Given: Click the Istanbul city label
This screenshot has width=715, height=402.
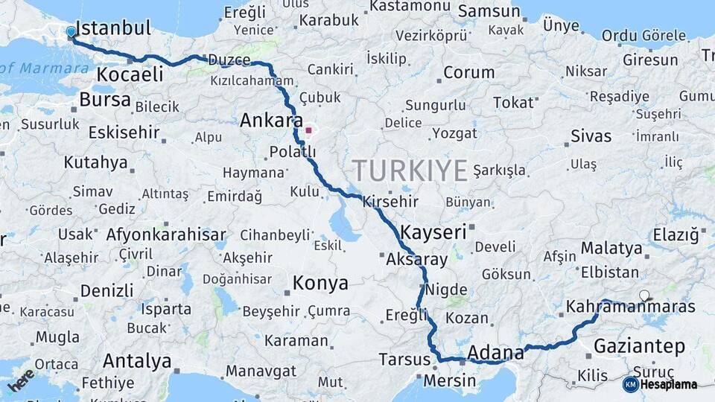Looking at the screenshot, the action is point(112,28).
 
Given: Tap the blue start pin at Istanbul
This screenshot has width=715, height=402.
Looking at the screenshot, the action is point(71,32).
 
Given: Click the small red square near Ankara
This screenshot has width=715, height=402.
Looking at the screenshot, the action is point(308,130).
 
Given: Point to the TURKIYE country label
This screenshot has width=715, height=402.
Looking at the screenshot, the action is point(410,170).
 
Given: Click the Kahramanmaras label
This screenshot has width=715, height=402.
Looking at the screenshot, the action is point(630,307).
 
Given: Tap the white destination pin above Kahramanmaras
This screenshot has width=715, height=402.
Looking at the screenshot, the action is point(644,296).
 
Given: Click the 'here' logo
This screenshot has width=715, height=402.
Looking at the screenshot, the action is point(21,380).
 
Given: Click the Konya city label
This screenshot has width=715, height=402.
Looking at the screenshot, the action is point(320,284).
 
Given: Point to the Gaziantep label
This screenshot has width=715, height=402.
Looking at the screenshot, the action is point(639,346).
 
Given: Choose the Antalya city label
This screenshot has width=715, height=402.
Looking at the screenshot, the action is point(137,361).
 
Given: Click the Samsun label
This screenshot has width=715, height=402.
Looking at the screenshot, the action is point(489,11).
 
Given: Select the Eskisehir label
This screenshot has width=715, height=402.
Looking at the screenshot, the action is point(124,133).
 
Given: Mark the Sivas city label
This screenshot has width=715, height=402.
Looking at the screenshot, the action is point(591,136).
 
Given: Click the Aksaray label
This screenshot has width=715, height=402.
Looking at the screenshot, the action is point(417,261).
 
